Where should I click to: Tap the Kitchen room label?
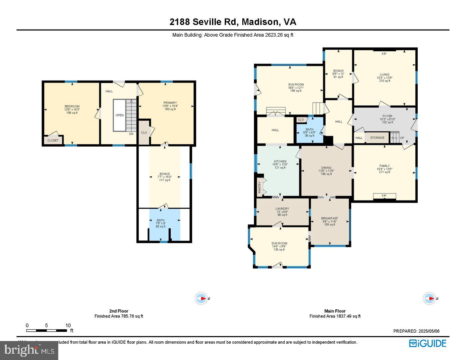(x=280, y=162)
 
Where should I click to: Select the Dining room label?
(x=326, y=168)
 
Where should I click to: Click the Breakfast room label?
(x=330, y=218)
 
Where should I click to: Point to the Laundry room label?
(x=282, y=209)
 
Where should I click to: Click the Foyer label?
(x=387, y=116)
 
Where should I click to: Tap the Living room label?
(x=384, y=75)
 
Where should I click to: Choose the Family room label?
(x=384, y=166)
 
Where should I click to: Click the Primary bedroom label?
(x=170, y=103)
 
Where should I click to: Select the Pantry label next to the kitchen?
(x=260, y=187)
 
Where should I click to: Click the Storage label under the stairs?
(x=377, y=138)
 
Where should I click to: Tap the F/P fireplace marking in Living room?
(x=384, y=54)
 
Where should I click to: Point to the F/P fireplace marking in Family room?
(x=384, y=196)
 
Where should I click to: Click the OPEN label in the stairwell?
(x=119, y=115)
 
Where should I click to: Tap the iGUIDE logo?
(x=427, y=343)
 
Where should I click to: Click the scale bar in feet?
(x=47, y=330)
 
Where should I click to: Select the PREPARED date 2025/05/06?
(x=416, y=331)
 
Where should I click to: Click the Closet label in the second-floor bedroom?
(x=53, y=140)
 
